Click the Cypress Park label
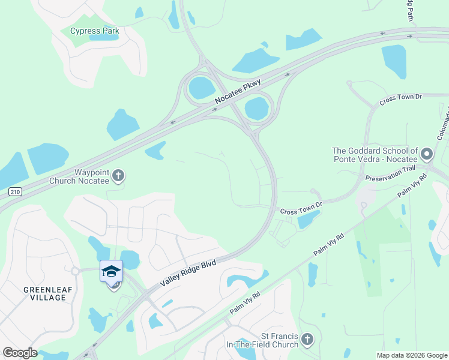click(95, 31)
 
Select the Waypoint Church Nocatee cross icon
click(119, 176)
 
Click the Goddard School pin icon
click(427, 155)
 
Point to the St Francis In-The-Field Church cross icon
click(307, 340)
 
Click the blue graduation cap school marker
click(111, 271)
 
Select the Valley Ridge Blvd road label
click(188, 272)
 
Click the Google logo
click(20, 353)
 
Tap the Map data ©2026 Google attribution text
click(411, 355)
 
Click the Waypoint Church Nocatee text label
click(91, 176)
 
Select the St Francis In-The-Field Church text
click(262, 340)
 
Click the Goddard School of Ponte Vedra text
click(375, 155)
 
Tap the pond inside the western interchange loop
click(201, 88)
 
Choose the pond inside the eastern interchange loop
click(257, 109)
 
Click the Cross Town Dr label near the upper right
click(400, 100)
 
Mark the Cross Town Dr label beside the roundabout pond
click(301, 208)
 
